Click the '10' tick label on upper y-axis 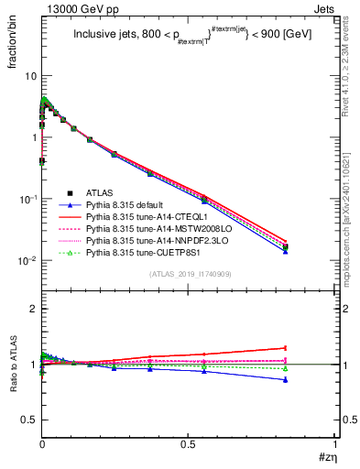(29, 76)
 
